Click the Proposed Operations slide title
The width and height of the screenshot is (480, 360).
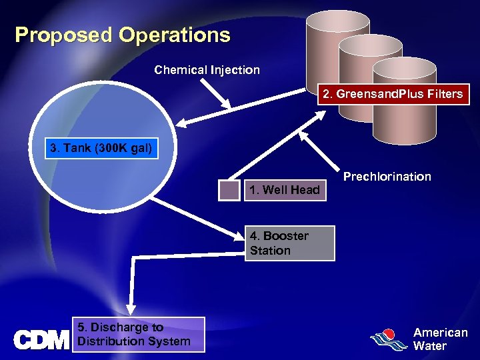[123, 35]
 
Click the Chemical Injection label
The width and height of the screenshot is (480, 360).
[207, 69]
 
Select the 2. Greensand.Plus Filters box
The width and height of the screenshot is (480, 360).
[392, 94]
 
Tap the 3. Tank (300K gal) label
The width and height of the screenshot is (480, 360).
[101, 147]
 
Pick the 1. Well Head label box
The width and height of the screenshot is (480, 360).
[284, 190]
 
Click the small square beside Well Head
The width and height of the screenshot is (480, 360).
[229, 191]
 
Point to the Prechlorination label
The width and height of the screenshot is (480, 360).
[387, 177]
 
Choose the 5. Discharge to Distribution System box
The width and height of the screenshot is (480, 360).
[137, 335]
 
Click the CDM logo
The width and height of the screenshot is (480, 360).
[41, 339]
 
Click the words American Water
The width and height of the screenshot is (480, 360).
[440, 339]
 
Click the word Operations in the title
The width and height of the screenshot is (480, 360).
[175, 35]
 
